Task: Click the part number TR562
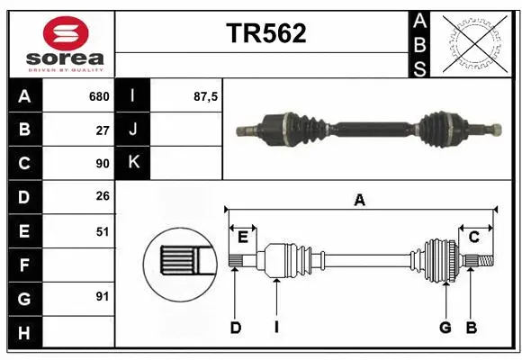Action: [265, 33]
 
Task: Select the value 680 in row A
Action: [98, 96]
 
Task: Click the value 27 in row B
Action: [102, 130]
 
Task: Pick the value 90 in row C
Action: [102, 164]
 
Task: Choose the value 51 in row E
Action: [102, 231]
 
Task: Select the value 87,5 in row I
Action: [206, 96]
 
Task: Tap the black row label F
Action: [24, 265]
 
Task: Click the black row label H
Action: [24, 332]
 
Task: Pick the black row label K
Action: [133, 164]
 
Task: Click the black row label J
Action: [133, 130]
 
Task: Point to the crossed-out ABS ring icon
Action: [473, 43]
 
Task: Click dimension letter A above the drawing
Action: [360, 201]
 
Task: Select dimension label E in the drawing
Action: [243, 238]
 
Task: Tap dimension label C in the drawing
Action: [473, 238]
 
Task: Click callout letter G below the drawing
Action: [445, 328]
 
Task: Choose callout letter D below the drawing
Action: [235, 328]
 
